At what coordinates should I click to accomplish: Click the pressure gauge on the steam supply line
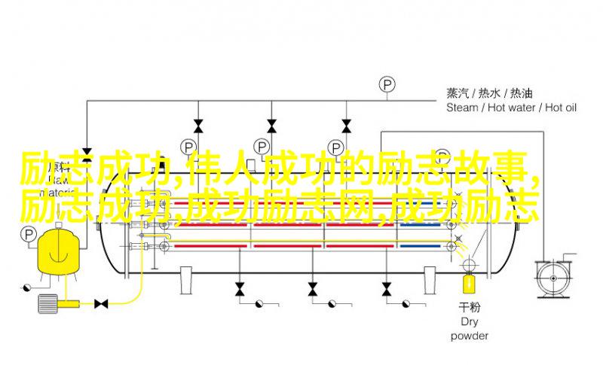[x=387, y=85]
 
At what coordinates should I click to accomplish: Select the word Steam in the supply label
[x=462, y=108]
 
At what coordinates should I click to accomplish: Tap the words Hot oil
[x=561, y=108]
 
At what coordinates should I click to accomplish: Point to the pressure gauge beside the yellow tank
[x=28, y=234]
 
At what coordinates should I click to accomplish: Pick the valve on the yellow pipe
[x=101, y=303]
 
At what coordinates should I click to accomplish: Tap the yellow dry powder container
[x=468, y=282]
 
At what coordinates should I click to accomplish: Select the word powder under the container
[x=469, y=336]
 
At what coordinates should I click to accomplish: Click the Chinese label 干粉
[x=469, y=307]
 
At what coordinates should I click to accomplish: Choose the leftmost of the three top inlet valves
[x=198, y=126]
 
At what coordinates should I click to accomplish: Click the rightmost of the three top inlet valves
[x=346, y=126]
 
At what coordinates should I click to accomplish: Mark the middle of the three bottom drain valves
[x=313, y=289]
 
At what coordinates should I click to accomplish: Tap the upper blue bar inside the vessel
[x=421, y=224]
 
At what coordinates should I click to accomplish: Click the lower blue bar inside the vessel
[x=421, y=246]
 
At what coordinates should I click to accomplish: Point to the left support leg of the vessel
[x=186, y=281]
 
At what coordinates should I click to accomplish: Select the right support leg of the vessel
[x=430, y=281]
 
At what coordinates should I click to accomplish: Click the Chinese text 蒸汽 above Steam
[x=458, y=93]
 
